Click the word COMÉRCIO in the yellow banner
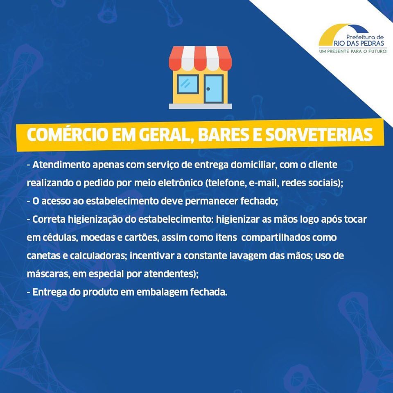68,135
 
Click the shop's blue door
213,89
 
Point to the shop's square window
188,84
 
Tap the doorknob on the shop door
208,89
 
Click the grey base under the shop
200,106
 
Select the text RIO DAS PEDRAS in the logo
359,43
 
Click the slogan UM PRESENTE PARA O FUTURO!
353,52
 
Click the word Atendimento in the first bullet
61,165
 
